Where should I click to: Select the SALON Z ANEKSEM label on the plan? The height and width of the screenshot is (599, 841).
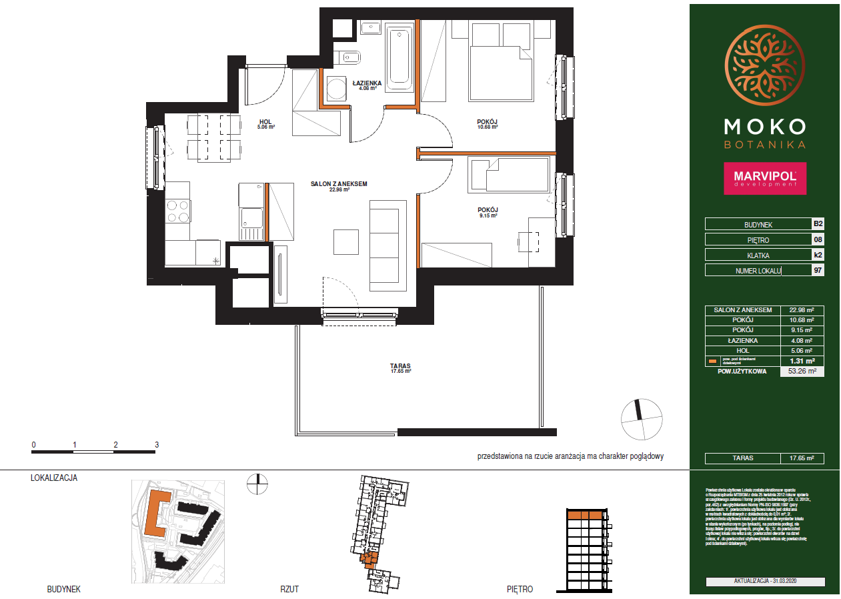(x=339, y=185)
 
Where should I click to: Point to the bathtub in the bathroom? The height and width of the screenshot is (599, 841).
(x=400, y=59)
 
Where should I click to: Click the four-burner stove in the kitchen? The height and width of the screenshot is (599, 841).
(x=178, y=211)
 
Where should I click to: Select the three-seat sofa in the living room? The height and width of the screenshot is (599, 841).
(x=387, y=245)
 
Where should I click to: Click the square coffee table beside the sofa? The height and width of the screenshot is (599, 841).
(x=346, y=241)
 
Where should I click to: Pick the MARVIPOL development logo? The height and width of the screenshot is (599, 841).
(x=764, y=178)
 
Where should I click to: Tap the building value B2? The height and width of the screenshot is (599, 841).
(x=817, y=224)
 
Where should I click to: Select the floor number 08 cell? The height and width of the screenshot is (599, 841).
(x=817, y=239)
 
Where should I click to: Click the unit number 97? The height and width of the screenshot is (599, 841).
(x=817, y=270)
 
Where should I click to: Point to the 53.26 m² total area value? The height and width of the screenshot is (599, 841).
(x=802, y=372)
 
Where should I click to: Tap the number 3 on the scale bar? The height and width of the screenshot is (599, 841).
(x=157, y=444)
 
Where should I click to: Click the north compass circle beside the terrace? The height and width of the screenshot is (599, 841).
(x=642, y=419)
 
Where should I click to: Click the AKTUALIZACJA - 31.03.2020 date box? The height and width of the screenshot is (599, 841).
(x=765, y=582)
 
